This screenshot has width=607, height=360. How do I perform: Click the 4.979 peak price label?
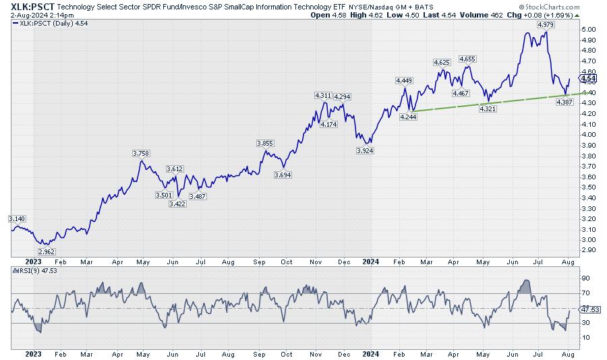[x=546, y=24]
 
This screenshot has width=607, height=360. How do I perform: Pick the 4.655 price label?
[x=467, y=59]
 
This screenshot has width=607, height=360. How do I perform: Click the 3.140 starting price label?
[x=16, y=219]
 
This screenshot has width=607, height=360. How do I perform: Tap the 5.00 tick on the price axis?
[x=588, y=30]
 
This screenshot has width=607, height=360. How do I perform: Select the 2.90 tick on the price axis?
[x=588, y=250]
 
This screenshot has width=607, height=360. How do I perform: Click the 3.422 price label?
[x=176, y=204]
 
